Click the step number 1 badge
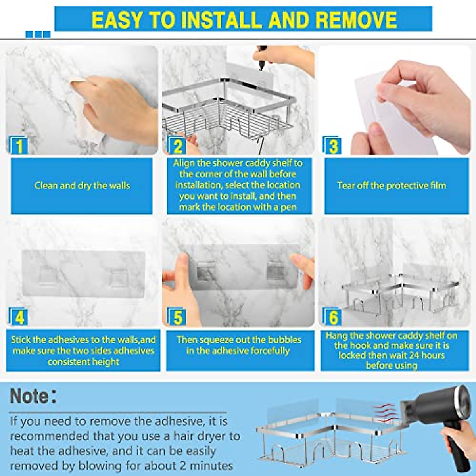(19, 146)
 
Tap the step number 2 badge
(177, 146)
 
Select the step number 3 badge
(333, 146)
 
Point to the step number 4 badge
(19, 318)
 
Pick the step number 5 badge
(177, 318)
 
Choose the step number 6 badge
(333, 318)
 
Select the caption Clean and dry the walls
(82, 186)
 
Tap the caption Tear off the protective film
(392, 186)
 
